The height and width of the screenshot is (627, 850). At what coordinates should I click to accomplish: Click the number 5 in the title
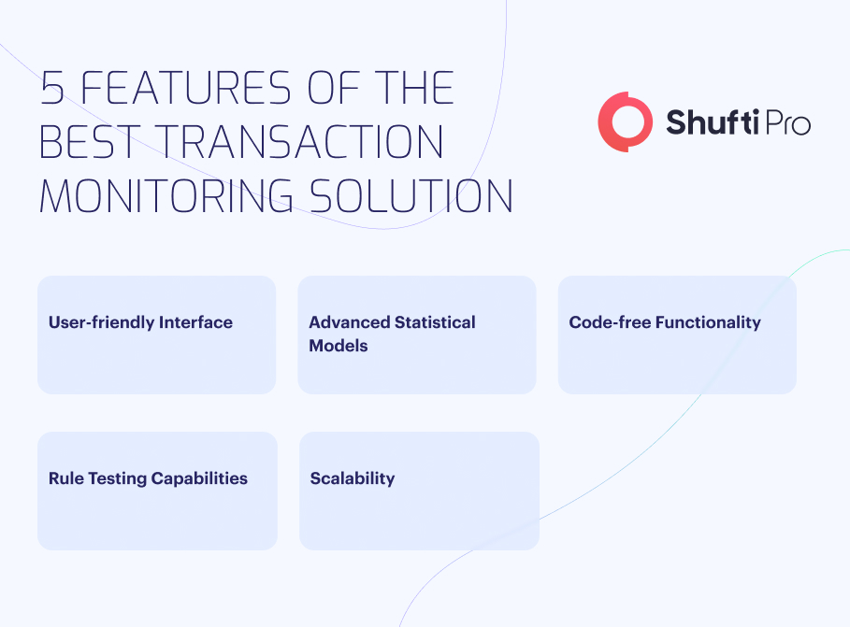(x=52, y=87)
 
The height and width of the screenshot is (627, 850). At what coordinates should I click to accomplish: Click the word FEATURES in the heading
(x=186, y=87)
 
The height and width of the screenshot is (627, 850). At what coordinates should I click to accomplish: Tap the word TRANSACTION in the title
(x=300, y=141)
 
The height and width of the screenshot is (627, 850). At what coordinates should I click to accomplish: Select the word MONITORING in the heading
(x=166, y=195)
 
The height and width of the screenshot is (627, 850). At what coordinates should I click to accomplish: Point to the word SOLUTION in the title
(x=411, y=195)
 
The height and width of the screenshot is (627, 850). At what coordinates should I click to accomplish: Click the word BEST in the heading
(x=90, y=141)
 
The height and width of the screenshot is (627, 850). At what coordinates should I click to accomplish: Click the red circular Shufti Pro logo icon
(x=625, y=121)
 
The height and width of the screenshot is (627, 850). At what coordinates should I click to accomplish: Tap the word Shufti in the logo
(x=712, y=121)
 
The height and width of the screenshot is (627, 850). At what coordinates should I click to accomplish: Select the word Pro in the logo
(x=787, y=122)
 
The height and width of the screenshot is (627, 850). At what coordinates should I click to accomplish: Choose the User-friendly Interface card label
(x=140, y=322)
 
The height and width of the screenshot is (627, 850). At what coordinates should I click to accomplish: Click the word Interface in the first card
(x=195, y=321)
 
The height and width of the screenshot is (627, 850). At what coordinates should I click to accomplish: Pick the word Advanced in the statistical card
(x=349, y=321)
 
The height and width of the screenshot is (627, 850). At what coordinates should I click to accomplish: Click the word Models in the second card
(x=339, y=346)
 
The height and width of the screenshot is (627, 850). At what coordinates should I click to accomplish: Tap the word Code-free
(x=610, y=321)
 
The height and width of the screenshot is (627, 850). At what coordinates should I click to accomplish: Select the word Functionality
(x=708, y=322)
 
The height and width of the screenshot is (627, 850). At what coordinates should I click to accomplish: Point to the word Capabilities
(x=199, y=478)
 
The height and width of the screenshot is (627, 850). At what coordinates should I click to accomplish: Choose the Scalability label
(x=353, y=478)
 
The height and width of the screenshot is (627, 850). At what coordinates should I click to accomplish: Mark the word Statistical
(x=435, y=321)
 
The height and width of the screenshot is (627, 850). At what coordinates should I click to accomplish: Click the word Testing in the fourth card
(x=117, y=478)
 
